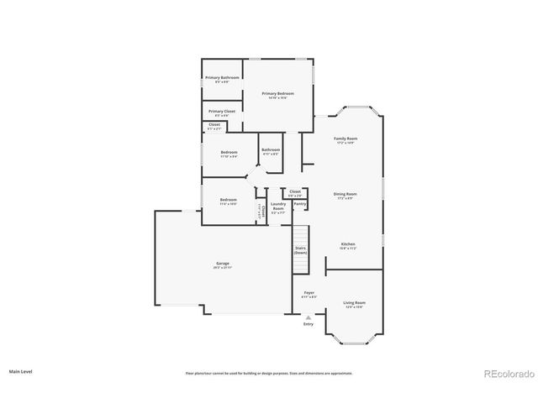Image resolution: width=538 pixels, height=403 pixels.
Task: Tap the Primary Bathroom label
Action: click(222, 78)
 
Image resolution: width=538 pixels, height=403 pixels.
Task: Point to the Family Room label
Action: click(345, 139)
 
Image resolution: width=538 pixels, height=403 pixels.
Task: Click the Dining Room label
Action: click(345, 194)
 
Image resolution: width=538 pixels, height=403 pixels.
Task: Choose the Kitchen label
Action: click(348, 244)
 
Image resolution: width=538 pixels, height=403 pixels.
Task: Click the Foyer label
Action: click(309, 293)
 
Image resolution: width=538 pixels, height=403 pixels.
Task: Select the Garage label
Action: click(223, 264)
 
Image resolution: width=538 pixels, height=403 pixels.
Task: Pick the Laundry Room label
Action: click(278, 206)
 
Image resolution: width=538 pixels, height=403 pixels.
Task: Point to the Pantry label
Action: click(299, 203)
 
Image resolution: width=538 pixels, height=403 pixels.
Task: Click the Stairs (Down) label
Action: click(300, 250)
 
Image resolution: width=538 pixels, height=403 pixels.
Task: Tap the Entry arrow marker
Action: click(309, 317)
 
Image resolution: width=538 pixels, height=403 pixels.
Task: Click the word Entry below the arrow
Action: click(309, 324)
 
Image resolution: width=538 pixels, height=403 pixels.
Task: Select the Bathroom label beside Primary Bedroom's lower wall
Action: click(271, 150)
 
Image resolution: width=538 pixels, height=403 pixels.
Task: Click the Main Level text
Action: click(21, 370)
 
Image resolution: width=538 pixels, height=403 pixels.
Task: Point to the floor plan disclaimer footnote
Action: click(269, 373)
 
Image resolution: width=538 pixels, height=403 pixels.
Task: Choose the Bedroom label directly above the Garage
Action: click(228, 201)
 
